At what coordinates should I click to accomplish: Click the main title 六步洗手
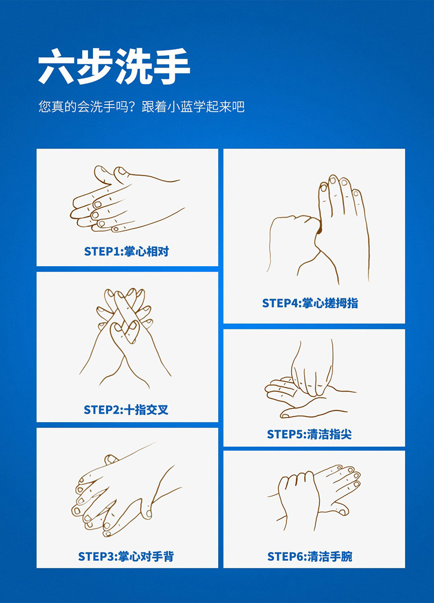(x=114, y=66)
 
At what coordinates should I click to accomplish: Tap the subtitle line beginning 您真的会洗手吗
(x=141, y=106)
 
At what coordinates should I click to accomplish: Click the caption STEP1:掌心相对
(x=126, y=251)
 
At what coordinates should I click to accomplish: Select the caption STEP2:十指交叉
(x=126, y=410)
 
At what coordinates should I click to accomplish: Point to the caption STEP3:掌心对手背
(x=126, y=556)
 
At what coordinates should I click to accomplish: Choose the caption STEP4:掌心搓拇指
(x=310, y=303)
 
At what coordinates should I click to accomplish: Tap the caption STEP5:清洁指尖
(x=309, y=434)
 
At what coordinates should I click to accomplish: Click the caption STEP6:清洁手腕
(x=310, y=556)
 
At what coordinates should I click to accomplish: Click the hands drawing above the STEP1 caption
(x=127, y=199)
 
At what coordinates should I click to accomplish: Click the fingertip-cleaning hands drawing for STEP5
(x=310, y=379)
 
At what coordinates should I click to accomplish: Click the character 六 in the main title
(x=56, y=66)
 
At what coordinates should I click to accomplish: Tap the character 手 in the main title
(x=171, y=66)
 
